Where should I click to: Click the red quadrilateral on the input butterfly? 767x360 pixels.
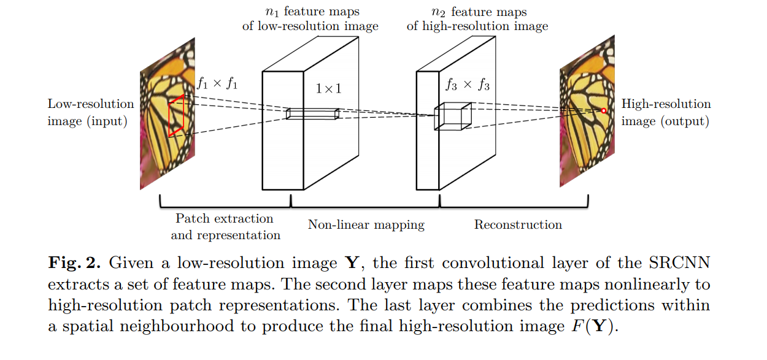[176, 116]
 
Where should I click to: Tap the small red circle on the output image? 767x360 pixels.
[603, 110]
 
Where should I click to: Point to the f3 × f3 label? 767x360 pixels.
[467, 85]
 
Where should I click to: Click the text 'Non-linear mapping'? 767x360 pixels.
[366, 224]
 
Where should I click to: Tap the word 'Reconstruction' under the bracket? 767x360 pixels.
[518, 224]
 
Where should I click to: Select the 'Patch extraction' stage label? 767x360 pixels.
[225, 218]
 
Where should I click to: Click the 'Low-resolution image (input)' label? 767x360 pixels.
[90, 112]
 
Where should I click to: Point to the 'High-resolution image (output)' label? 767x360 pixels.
[666, 112]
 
